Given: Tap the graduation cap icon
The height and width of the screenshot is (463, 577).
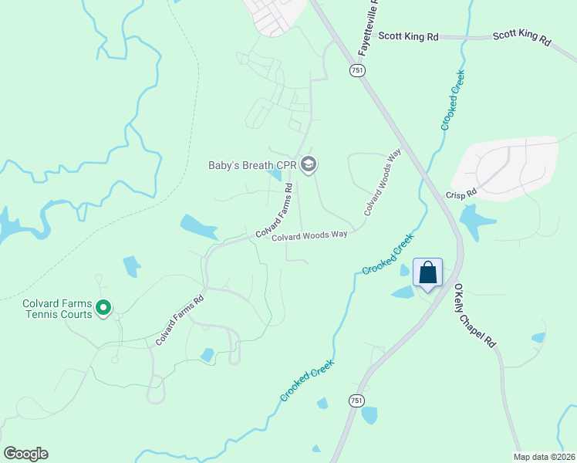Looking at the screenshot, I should pos(309,164).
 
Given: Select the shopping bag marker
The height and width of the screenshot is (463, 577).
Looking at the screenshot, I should pos(428,273).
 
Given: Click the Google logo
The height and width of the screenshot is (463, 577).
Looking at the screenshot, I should pos(25,454).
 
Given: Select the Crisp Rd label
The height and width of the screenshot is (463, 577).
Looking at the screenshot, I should pos(461,194).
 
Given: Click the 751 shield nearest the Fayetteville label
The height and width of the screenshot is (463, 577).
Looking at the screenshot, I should pos(356,70).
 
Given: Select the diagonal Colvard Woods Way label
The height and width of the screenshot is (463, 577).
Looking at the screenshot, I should pos(383,182).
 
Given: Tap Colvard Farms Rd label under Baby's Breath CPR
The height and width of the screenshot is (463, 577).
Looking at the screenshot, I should pos(275,211).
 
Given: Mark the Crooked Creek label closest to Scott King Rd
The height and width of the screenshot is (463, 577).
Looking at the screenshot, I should pos(453,100).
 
